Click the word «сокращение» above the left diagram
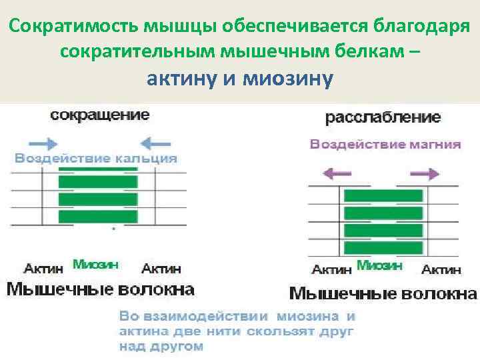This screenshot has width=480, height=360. point(101,115)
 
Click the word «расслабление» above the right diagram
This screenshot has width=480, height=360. point(383,117)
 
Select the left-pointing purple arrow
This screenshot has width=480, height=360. point(337,173)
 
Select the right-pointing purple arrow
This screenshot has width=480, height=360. point(424,173)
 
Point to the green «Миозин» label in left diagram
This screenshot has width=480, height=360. point(95,265)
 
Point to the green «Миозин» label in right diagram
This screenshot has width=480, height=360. point(379,265)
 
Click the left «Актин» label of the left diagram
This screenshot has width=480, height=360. point(44,269)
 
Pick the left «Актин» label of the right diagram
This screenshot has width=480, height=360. point(331,270)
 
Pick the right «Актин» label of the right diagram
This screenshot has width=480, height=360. point(441,270)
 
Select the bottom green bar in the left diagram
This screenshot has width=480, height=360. point(98,217)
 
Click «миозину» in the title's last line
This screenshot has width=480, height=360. point(288,80)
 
